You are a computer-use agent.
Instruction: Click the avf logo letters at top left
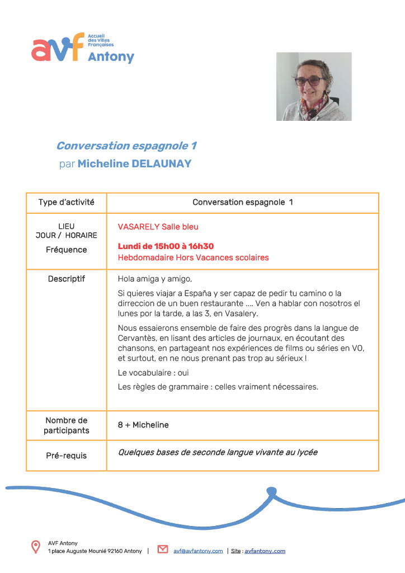(58, 48)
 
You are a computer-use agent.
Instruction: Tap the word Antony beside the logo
(111, 57)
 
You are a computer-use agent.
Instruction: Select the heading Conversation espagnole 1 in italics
(126, 146)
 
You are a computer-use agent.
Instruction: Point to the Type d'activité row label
(66, 202)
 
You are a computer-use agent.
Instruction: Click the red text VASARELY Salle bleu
(158, 227)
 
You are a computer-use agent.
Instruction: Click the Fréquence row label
(66, 250)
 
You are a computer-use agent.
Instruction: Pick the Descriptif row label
(66, 279)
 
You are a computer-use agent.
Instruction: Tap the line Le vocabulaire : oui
(150, 372)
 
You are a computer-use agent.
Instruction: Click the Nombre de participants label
(66, 425)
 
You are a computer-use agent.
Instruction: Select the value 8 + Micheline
(143, 425)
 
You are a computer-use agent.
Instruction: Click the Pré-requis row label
(66, 455)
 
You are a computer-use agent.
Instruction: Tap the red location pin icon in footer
(36, 547)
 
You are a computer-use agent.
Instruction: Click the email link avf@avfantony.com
(198, 551)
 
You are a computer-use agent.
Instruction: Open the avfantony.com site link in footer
(265, 551)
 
